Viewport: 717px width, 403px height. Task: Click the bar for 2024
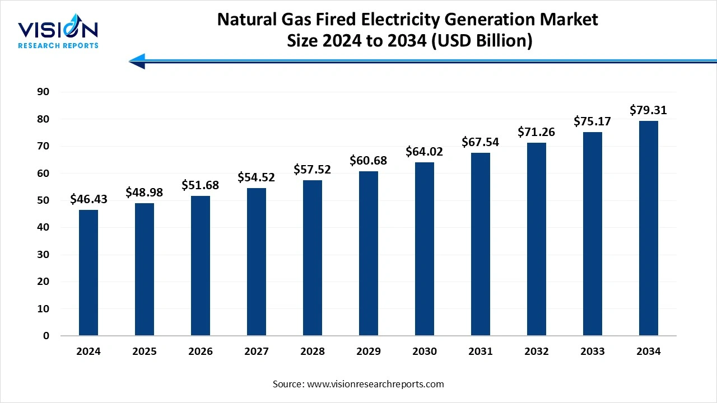(89, 273)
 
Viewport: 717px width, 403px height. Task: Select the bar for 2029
(369, 253)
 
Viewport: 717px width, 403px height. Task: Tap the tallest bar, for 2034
(649, 228)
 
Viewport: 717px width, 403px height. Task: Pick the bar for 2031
(481, 244)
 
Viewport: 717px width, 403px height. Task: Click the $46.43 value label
(89, 199)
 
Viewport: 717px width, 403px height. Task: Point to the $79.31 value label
(649, 110)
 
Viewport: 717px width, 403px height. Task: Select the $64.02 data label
(425, 152)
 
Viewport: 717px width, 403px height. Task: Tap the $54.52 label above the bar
(257, 177)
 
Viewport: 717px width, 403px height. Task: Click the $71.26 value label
(537, 132)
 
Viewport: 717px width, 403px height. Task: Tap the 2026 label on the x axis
(201, 352)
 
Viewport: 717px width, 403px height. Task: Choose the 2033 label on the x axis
(593, 352)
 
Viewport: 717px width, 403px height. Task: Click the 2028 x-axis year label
(313, 352)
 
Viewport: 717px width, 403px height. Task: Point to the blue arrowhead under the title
(137, 61)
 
